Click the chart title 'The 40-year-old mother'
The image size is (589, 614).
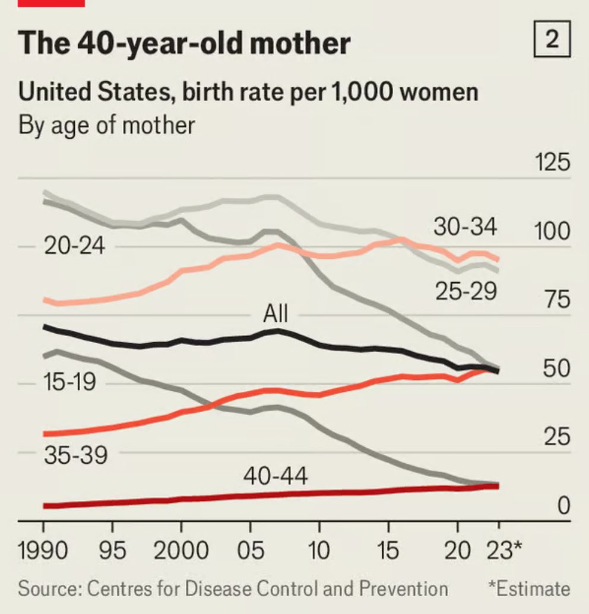[x=185, y=44]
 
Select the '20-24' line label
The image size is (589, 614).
[x=74, y=246]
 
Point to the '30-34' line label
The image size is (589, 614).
[x=465, y=227]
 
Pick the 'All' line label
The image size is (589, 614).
[x=275, y=313]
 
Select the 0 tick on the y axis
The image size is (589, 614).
[x=563, y=505]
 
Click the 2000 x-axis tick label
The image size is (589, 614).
[x=181, y=551]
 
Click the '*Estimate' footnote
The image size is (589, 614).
[x=528, y=588]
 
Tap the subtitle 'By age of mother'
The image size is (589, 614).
[x=107, y=126]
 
